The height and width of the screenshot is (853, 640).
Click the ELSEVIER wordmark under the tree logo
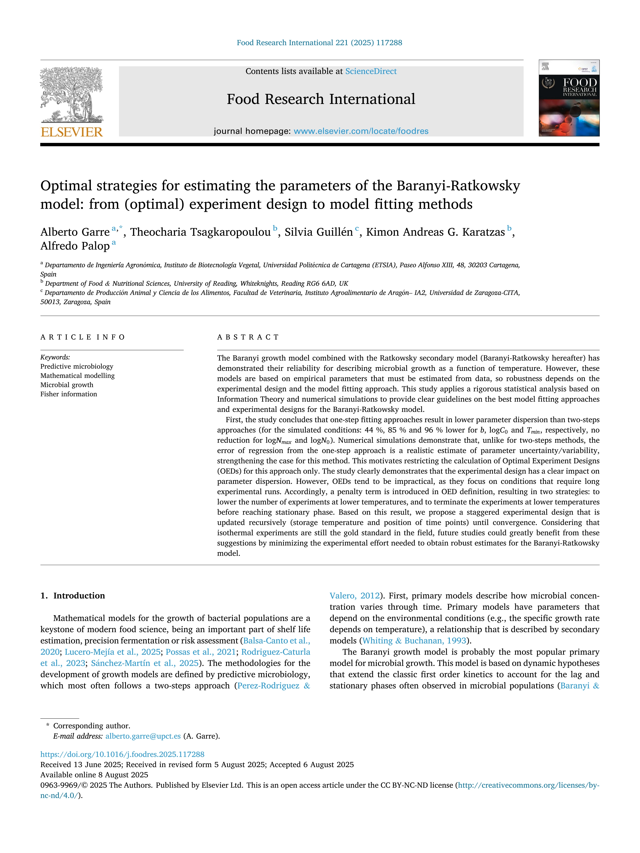point(72,132)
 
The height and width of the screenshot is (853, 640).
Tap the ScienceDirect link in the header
point(371,71)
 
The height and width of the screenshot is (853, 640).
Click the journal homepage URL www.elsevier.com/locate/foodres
point(361,131)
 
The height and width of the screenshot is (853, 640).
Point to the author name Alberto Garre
point(75,232)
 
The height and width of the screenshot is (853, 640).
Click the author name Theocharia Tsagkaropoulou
point(200,232)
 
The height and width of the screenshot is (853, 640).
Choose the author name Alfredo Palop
point(75,246)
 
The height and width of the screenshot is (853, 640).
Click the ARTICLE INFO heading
point(83,337)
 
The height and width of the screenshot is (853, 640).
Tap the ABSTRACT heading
point(248,337)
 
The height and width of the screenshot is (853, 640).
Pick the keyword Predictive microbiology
point(77,366)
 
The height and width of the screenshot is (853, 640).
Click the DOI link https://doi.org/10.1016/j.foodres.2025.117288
point(122,754)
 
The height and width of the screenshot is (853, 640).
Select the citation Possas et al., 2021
point(201,652)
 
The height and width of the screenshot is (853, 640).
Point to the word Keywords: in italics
point(55,357)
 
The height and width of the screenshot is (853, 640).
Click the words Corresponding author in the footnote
point(91,726)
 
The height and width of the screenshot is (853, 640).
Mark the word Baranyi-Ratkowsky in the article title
point(458,186)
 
